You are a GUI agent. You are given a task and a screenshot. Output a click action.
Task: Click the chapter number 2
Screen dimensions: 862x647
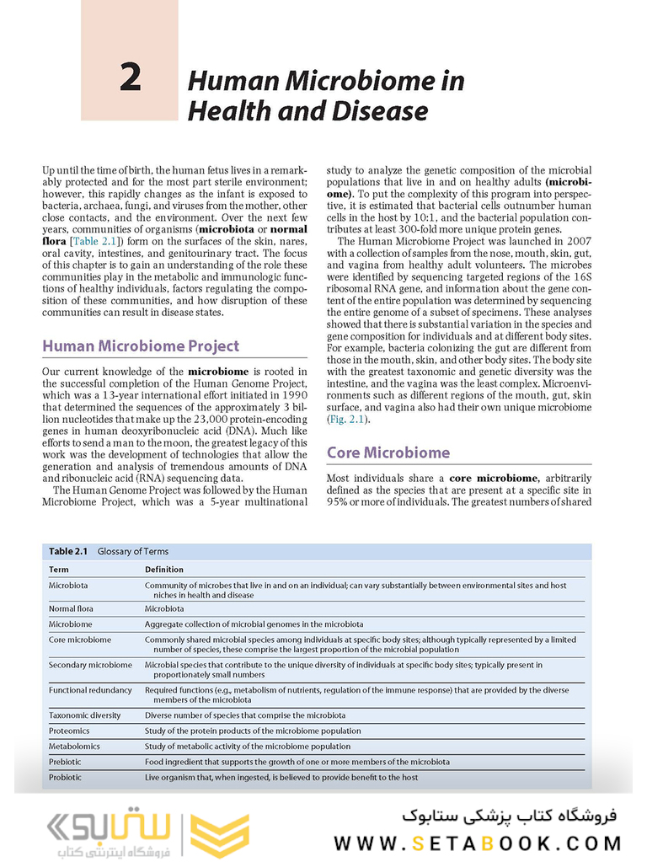pyautogui.click(x=130, y=78)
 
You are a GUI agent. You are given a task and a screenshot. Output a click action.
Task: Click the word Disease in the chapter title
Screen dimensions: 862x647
pyautogui.click(x=378, y=110)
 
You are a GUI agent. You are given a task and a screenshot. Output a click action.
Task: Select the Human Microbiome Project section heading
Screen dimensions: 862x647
pyautogui.click(x=141, y=345)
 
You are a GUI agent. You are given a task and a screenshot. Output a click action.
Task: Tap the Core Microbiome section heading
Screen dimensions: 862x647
pyautogui.click(x=388, y=452)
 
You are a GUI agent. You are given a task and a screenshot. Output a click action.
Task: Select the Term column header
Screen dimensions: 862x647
pyautogui.click(x=59, y=570)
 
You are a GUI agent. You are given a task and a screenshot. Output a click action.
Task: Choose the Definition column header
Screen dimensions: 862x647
pyautogui.click(x=163, y=570)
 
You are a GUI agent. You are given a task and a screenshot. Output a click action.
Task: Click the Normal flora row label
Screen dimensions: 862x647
pyautogui.click(x=71, y=608)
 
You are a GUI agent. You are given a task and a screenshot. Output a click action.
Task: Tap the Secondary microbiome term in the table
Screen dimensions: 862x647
pyautogui.click(x=90, y=665)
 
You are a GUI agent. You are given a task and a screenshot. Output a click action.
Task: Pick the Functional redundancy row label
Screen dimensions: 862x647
pyautogui.click(x=90, y=690)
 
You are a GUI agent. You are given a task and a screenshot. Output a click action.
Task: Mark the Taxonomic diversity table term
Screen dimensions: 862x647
pyautogui.click(x=84, y=715)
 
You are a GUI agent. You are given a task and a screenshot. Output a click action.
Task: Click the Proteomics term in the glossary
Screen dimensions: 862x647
pyautogui.click(x=69, y=731)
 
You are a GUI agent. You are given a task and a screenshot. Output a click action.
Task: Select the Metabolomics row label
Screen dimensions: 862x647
pyautogui.click(x=74, y=747)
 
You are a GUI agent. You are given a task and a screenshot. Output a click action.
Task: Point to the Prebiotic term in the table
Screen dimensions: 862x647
pyautogui.click(x=65, y=762)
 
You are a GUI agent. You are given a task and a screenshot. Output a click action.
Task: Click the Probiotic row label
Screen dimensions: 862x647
pyautogui.click(x=65, y=778)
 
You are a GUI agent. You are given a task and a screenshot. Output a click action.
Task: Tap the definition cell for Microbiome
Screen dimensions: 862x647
pyautogui.click(x=254, y=624)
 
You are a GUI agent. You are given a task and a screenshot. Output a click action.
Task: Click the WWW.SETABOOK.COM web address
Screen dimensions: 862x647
pyautogui.click(x=478, y=843)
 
